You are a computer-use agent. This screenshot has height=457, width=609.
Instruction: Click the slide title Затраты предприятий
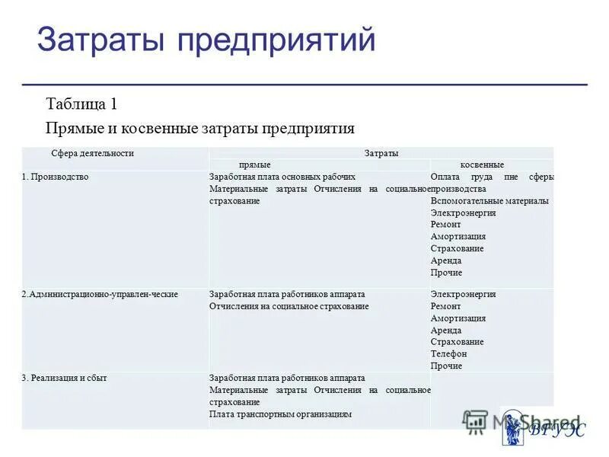pos(206,40)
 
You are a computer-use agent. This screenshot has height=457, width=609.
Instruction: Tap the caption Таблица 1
pos(81,104)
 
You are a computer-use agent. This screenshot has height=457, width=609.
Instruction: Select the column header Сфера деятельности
pos(92,153)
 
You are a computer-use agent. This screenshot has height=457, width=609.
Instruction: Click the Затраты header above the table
pos(381,153)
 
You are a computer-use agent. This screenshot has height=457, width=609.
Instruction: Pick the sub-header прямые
pos(255,165)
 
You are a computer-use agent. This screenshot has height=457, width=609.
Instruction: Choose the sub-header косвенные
pos(482,165)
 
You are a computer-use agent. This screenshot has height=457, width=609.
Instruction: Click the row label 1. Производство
pos(55,177)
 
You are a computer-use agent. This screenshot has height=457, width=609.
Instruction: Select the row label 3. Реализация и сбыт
pos(64,378)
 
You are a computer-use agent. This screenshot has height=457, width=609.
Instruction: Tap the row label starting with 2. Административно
pos(100,294)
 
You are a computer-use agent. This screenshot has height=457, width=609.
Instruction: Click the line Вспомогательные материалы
pos(489,201)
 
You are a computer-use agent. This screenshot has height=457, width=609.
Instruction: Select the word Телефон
pos(448,353)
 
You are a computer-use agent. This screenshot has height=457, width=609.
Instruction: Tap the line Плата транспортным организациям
pos(281,414)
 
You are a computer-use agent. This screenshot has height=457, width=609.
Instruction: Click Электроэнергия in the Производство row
pos(463,213)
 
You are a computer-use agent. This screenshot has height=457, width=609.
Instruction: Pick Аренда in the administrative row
pos(446,330)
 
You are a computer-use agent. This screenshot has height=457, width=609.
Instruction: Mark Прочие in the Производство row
pos(446,273)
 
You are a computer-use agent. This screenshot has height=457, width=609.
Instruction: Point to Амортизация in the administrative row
pos(458,318)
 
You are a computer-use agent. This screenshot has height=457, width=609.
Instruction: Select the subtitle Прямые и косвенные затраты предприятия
pos(200,127)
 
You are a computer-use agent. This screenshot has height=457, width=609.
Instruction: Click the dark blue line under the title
pos(304,83)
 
